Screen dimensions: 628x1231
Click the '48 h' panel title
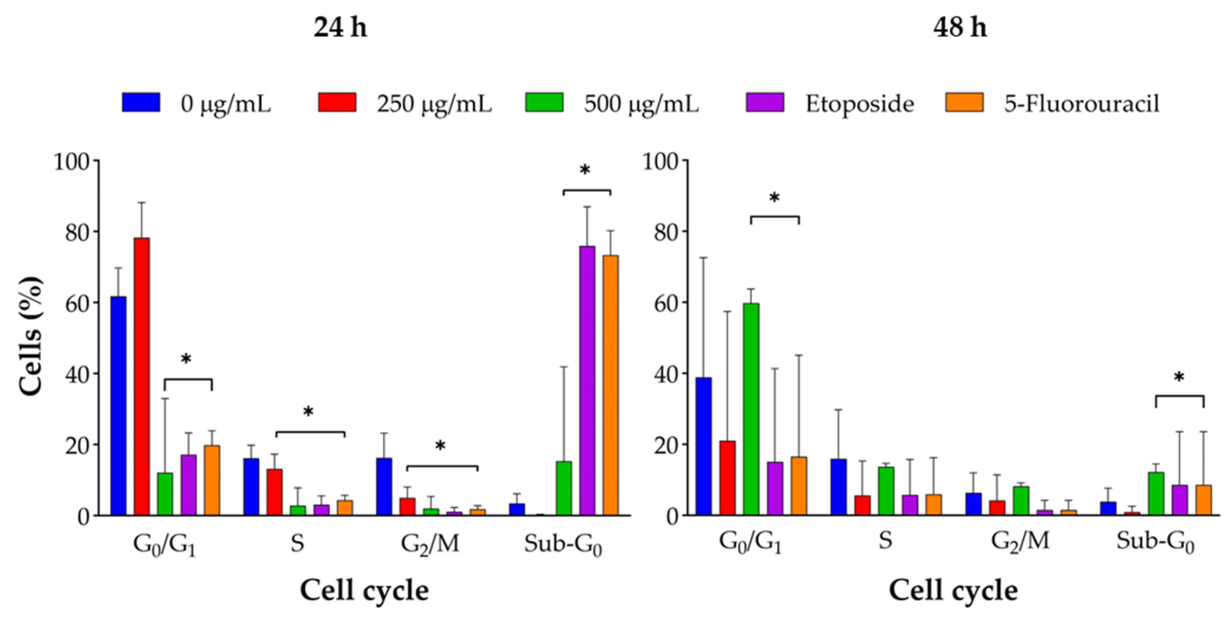pyautogui.click(x=960, y=28)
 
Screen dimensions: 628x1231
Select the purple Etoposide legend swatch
pyautogui.click(x=765, y=102)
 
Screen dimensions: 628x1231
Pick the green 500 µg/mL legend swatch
pyautogui.click(x=544, y=102)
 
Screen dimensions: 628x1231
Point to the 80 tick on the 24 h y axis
pyautogui.click(x=77, y=231)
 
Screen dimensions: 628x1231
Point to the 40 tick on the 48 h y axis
pyautogui.click(x=666, y=373)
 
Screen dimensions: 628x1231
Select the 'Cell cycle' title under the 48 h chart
pyautogui.click(x=953, y=591)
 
